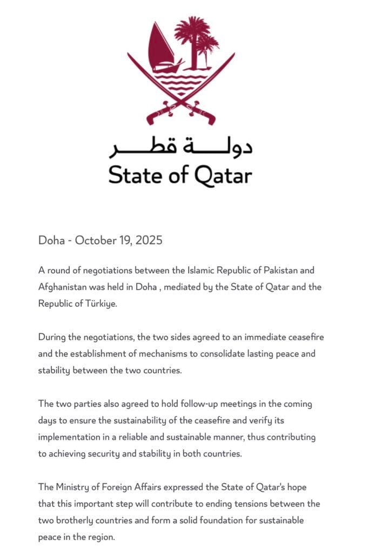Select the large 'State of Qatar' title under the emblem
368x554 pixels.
tap(180, 175)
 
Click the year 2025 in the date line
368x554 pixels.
tap(149, 240)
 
